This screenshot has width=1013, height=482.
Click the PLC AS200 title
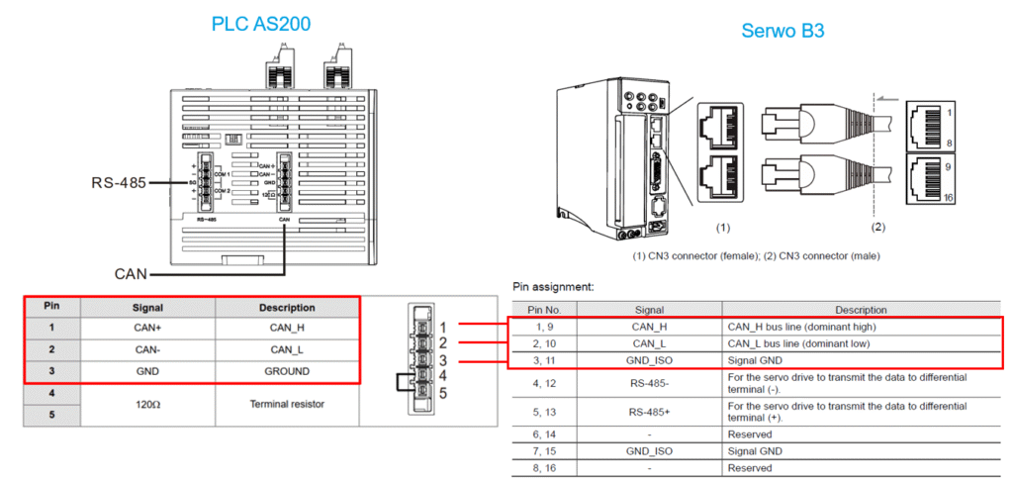[257, 23]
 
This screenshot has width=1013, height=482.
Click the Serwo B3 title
[783, 31]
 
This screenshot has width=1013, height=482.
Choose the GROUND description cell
[286, 371]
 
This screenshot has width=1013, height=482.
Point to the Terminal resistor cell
[286, 404]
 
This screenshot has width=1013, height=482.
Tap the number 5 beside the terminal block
[444, 392]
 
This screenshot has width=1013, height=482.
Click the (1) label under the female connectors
[723, 228]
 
